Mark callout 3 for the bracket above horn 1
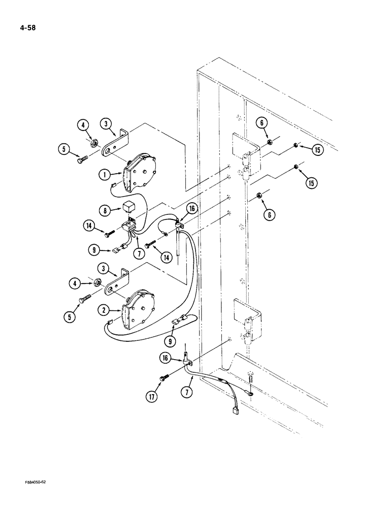(x=106, y=124)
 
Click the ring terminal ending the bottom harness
(x=252, y=392)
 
